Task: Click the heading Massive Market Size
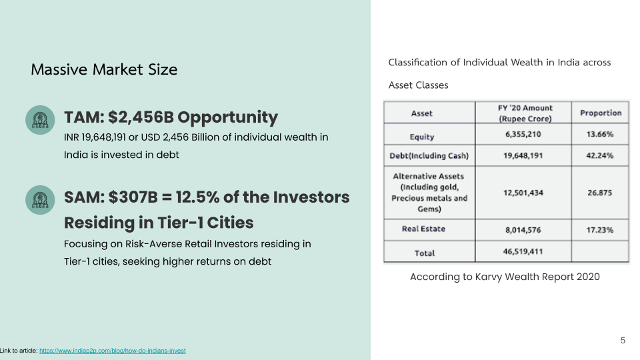(x=104, y=69)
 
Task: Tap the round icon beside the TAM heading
(x=40, y=120)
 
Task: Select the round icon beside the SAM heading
(x=40, y=200)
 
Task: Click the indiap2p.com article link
(x=112, y=351)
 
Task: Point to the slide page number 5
(x=623, y=341)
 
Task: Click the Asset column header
(x=421, y=113)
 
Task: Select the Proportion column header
(x=601, y=113)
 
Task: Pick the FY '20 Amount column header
(x=525, y=113)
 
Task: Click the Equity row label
(x=422, y=137)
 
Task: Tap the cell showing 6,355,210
(x=523, y=134)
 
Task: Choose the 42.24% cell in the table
(x=600, y=155)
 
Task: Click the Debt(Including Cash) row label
(x=429, y=155)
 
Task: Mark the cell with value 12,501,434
(x=523, y=193)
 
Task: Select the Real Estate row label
(x=424, y=229)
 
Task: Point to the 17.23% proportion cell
(x=600, y=230)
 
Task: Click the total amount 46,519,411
(x=523, y=251)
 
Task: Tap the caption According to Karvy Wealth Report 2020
(x=505, y=277)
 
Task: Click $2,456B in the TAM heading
(x=141, y=117)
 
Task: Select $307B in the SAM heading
(x=133, y=197)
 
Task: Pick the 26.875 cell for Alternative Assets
(x=600, y=193)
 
